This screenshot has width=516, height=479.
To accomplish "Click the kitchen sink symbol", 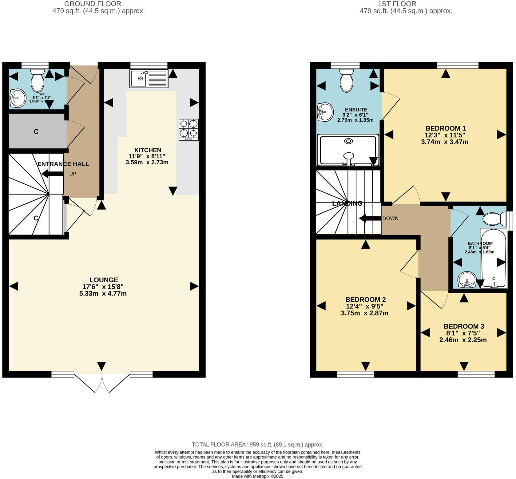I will [x=149, y=78].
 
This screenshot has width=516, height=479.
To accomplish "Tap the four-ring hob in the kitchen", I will [x=189, y=130].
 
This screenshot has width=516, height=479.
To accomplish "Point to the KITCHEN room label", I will [x=148, y=150].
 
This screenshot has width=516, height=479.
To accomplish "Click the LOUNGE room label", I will [x=104, y=280].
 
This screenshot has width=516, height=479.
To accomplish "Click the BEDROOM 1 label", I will [x=446, y=128].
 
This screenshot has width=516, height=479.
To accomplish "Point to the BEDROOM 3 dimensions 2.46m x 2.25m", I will [x=463, y=340].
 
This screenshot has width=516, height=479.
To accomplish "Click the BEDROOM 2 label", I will [x=365, y=300].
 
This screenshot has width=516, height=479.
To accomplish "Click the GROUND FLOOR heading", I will [x=93, y=4].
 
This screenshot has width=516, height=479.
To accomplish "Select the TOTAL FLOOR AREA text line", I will [x=257, y=445].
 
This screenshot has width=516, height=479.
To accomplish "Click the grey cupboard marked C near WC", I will [x=36, y=132].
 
